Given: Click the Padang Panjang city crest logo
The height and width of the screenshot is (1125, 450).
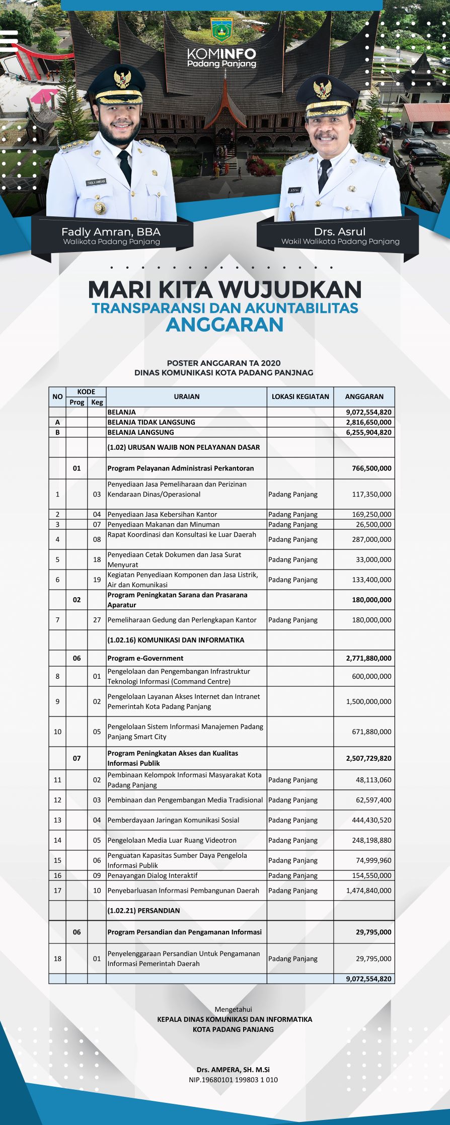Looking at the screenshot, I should tap(221, 31).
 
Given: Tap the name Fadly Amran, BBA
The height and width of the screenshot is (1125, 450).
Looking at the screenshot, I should tap(111, 232).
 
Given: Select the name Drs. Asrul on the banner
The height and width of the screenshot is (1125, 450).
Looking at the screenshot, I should tap(340, 231).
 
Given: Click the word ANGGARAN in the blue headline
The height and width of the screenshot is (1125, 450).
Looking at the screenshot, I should tap(224, 325).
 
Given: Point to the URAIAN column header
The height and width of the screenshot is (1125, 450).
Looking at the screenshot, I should tap(187, 396).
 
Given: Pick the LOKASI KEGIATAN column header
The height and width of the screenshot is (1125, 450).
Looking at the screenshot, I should tap(301, 396).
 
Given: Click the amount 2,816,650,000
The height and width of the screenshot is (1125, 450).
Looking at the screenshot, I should tap(368, 422).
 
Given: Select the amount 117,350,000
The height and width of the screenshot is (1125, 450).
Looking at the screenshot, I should tap(371, 494).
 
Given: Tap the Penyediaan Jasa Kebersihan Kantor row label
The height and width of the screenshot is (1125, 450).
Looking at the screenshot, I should tap(162, 514).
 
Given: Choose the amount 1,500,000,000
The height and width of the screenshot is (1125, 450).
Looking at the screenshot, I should tap(368, 701).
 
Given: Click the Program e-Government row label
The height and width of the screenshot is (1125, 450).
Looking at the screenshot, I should tap(145, 658).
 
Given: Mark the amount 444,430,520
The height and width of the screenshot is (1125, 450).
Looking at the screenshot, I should tap(371, 820).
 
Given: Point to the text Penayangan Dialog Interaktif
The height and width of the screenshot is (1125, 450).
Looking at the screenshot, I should tap(153, 875).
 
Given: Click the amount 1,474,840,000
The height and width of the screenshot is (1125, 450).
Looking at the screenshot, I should tap(368, 891).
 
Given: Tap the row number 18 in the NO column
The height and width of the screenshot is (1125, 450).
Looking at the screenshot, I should tap(57, 958).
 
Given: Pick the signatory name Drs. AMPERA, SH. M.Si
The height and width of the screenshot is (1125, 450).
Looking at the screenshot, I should tap(233, 1070).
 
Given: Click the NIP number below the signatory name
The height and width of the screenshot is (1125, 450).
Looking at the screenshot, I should tap(233, 1080).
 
